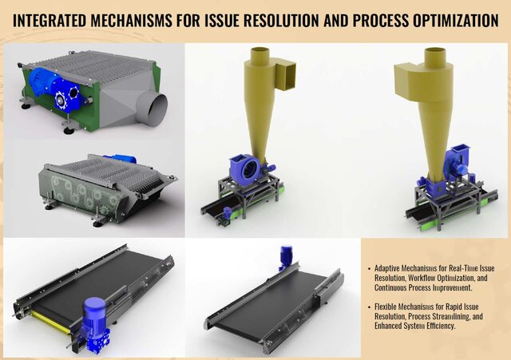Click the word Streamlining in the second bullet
pos(461,317)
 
